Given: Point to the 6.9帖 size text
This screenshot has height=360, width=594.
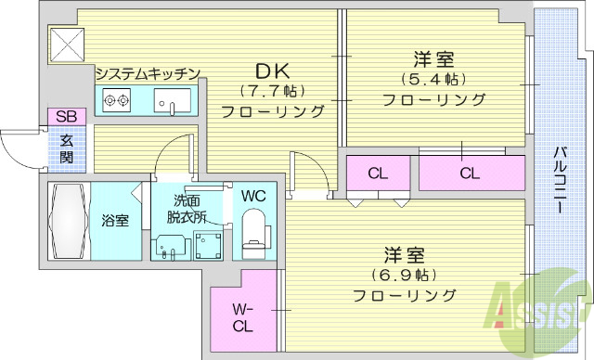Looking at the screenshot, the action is point(404,276).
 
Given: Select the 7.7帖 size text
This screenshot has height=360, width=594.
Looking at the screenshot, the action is point(273,92).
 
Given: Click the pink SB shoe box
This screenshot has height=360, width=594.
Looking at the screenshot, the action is point(66,116).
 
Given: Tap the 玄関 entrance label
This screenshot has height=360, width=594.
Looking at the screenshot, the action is point(67,149).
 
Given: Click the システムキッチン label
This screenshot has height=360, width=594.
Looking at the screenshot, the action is point(148,73).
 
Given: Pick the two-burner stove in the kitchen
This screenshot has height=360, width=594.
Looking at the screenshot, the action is point(116,100).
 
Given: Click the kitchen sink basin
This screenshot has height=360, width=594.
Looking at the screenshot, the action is point(172,100).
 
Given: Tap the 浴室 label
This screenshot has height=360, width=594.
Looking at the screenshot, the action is point(115,221).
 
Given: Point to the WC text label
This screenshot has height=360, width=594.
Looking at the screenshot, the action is point(253,196).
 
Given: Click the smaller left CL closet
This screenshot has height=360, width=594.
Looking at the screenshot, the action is point(377,173).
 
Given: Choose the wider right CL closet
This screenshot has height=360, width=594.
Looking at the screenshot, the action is point(470,173).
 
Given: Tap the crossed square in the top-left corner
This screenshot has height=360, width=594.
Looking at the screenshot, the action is point(68,44).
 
